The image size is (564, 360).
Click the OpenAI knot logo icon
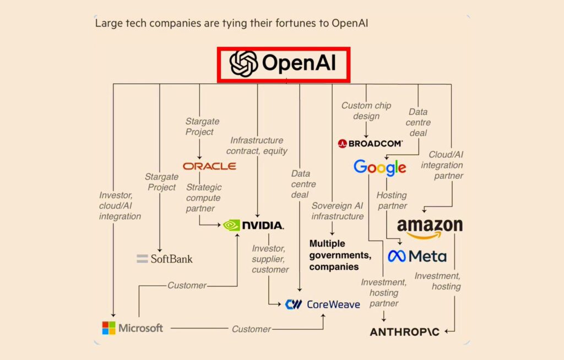[243, 63]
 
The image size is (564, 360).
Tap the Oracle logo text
[209, 166]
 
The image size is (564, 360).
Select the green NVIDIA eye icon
[232, 225]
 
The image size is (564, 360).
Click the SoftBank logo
[165, 258]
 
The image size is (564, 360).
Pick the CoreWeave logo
[322, 304]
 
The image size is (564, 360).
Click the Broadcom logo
[370, 144]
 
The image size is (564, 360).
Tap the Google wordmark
[379, 168]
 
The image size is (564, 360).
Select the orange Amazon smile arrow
[430, 236]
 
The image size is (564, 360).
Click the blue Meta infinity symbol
[397, 256]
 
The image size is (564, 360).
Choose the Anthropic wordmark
[405, 332]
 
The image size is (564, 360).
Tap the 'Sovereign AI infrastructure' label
[337, 211]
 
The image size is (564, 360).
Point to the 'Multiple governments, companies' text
[340, 255]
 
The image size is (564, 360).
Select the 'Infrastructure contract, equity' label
[257, 145]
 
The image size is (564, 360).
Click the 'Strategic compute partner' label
[203, 198]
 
